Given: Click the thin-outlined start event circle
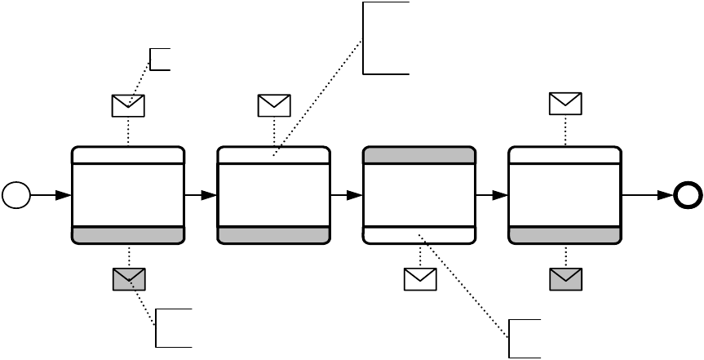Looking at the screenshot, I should click(x=16, y=196).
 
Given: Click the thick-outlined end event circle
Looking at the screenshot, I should click(x=686, y=196).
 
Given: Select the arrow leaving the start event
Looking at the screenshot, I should click(x=51, y=196).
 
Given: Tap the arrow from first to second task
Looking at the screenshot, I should click(x=201, y=196).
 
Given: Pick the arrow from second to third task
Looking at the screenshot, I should click(x=346, y=196).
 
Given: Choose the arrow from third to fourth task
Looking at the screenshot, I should click(x=491, y=196).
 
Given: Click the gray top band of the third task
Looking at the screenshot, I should click(x=418, y=156).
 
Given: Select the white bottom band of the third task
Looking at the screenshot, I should click(x=418, y=235).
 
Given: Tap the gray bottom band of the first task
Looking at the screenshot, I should click(x=128, y=235).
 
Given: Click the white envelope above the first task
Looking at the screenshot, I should click(x=128, y=105).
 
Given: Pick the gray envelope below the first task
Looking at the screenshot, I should click(x=128, y=280).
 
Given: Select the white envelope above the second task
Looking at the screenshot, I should click(x=274, y=105).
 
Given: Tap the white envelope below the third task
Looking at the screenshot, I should click(x=420, y=280).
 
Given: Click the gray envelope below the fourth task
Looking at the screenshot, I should click(x=565, y=280).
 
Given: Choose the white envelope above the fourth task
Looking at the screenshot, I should click(x=565, y=104).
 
